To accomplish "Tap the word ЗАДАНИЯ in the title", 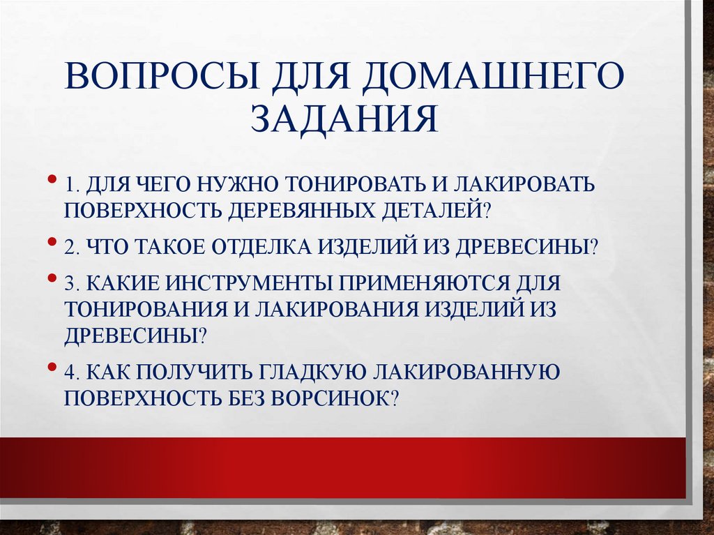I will point(345,118).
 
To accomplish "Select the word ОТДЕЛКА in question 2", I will point(255,247).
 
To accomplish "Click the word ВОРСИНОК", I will point(334,398).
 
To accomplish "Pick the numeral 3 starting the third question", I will point(70,285).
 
